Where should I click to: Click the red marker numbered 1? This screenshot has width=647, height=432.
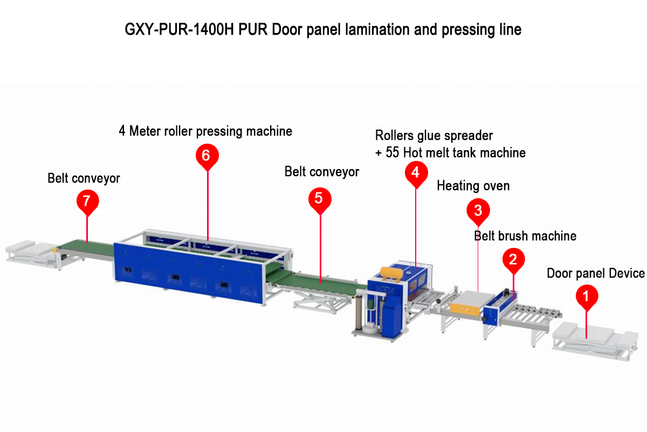(587, 296)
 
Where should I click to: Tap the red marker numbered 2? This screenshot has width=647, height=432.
(513, 259)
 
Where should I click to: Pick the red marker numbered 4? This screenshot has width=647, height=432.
(415, 172)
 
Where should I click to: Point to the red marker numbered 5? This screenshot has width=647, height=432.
(319, 198)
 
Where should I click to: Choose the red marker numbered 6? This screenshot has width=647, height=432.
(207, 155)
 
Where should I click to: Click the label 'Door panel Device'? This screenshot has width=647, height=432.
(596, 273)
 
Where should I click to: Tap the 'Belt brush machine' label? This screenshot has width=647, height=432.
(525, 236)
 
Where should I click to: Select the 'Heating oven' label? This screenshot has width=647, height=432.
(473, 186)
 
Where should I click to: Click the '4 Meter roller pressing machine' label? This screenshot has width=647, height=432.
(205, 131)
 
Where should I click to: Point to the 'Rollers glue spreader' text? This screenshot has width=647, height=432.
(434, 135)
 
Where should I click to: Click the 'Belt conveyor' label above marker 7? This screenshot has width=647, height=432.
(84, 178)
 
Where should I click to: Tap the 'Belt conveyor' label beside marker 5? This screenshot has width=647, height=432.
(321, 172)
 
